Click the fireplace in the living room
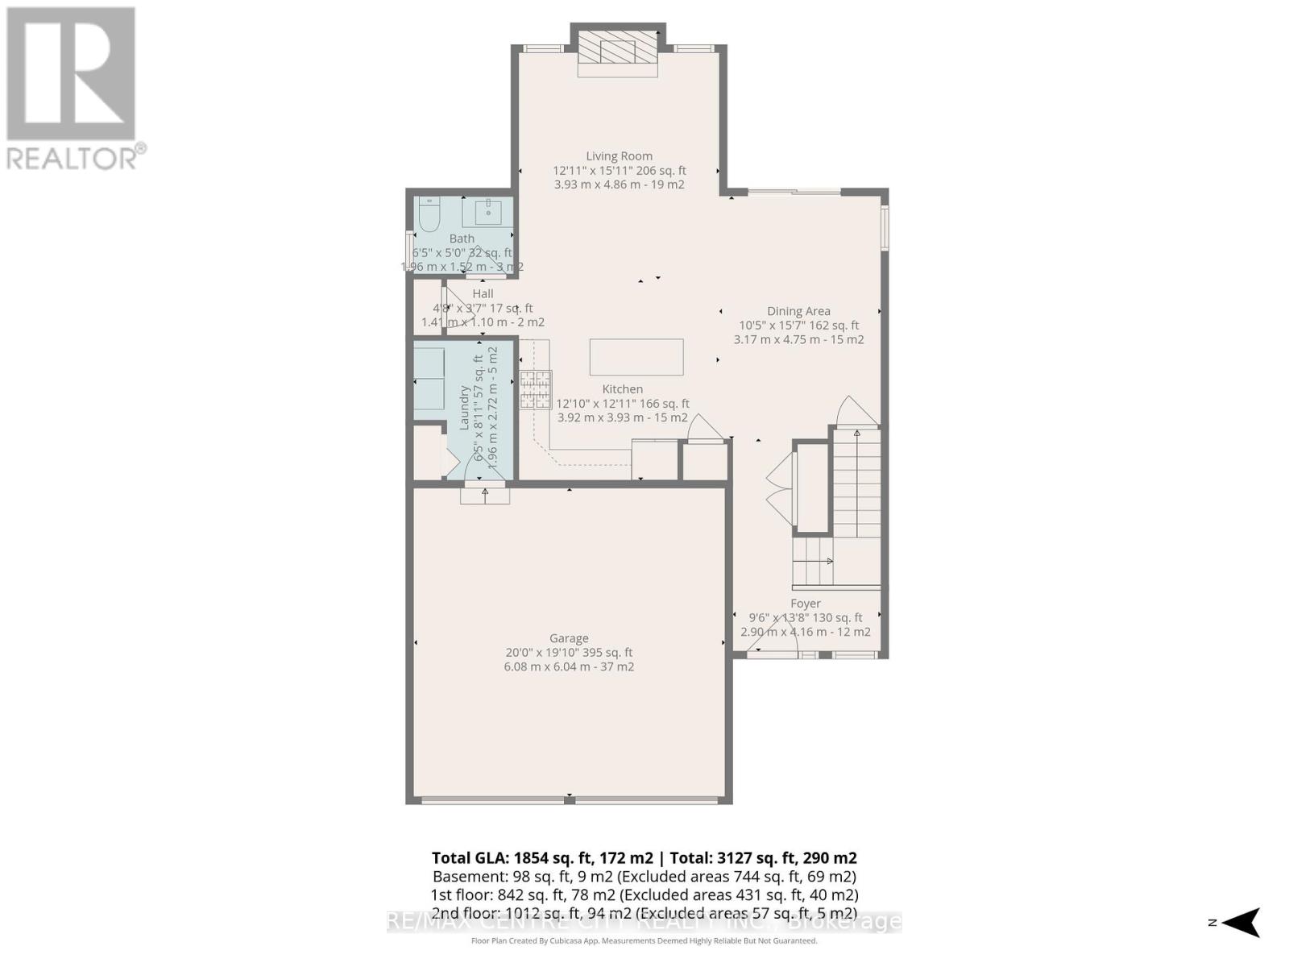[x=618, y=51]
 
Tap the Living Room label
[x=619, y=156]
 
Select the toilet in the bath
[x=429, y=215]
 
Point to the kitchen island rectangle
[x=636, y=357]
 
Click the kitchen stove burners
[x=535, y=389]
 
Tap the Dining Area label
[x=798, y=311]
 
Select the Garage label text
[x=569, y=638]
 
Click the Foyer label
[x=806, y=604]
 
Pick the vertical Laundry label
[x=465, y=408]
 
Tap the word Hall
[x=483, y=294]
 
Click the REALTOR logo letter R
[x=71, y=74]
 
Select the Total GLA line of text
[x=644, y=858]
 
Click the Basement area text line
[x=644, y=877]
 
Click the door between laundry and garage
[x=485, y=486]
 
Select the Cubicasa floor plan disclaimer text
[x=644, y=941]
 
